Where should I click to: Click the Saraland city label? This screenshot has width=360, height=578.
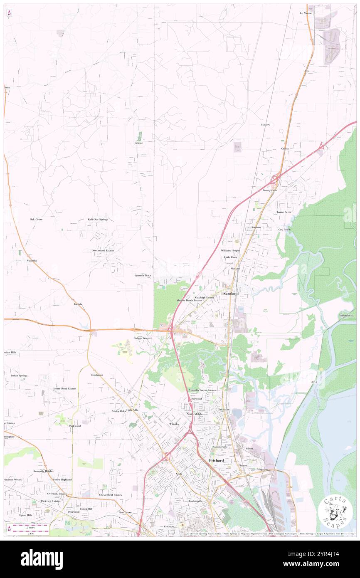click(x=231, y=294)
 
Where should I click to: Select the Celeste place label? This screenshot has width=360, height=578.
click(x=138, y=143)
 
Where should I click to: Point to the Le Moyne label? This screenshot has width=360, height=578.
click(x=306, y=13)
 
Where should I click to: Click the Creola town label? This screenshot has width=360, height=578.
click(x=285, y=148)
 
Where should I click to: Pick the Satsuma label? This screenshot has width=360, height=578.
click(x=256, y=227)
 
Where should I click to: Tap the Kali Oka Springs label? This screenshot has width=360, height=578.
click(x=98, y=219)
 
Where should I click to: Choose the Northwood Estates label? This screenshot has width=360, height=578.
click(x=103, y=251)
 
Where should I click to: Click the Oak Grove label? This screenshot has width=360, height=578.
click(x=36, y=219)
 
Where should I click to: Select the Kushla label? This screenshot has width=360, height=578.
click(x=78, y=304)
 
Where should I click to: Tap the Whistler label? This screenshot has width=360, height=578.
click(x=174, y=424)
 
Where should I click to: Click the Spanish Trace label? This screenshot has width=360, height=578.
click(x=143, y=275)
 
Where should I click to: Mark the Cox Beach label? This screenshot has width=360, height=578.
click(x=284, y=230)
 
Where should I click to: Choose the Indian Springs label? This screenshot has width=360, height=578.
click(x=19, y=375)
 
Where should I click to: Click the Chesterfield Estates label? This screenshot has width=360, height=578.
click(x=111, y=495)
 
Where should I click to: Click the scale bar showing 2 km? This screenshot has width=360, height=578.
click(x=29, y=530)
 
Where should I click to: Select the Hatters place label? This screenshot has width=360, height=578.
click(x=265, y=125)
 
